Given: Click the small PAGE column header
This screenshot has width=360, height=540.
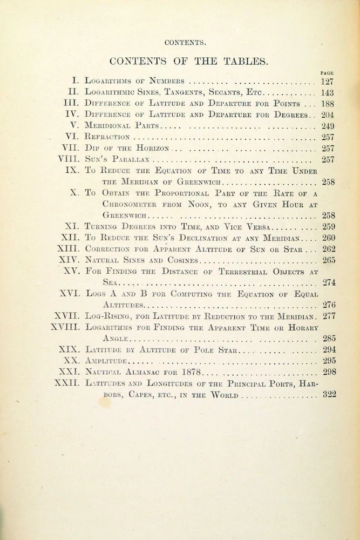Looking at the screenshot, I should pos(327,73).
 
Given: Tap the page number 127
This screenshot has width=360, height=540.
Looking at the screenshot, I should pos(327,81).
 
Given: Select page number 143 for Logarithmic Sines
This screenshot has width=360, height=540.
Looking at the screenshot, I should pos(327,92).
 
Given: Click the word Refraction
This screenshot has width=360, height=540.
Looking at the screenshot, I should pos(107,137).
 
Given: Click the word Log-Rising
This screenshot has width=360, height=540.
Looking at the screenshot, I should pos(108,316).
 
